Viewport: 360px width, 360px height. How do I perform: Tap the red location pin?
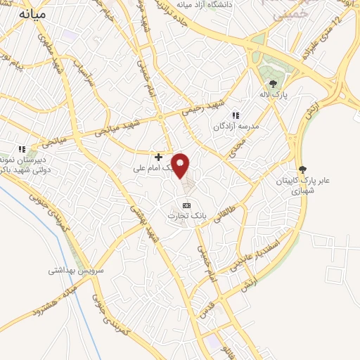pos(181,166)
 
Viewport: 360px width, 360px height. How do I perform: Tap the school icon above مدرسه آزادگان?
pos(236,115)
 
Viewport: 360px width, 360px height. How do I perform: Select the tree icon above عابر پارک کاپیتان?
pos(303,169)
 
